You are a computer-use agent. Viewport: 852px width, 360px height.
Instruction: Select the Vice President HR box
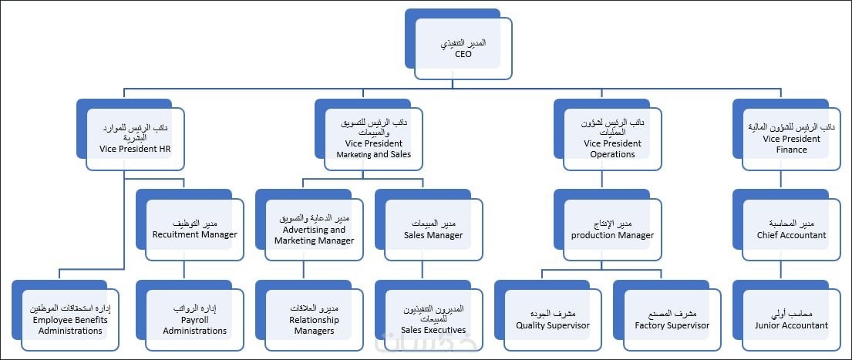point(130,135)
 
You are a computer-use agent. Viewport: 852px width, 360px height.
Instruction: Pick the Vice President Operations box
point(608,135)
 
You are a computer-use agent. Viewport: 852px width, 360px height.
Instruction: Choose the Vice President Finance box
point(786,135)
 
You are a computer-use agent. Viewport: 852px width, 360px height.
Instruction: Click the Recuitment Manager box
point(190,225)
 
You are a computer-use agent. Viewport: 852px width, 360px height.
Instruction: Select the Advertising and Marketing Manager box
point(309,225)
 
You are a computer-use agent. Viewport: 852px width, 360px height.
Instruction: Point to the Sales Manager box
point(429,225)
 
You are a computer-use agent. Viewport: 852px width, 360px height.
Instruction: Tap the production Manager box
point(608,225)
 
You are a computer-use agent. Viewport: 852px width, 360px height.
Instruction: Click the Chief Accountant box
point(786,225)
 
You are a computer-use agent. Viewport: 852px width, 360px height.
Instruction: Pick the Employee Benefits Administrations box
point(66,315)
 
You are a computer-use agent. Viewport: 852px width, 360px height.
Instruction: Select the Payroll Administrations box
point(190,315)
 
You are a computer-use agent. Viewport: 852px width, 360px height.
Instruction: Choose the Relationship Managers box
point(309,315)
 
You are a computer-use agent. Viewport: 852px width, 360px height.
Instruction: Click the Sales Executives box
point(429,315)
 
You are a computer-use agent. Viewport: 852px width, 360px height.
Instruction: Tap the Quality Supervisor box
point(548,315)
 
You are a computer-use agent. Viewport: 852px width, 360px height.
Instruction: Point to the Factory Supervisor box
point(668,315)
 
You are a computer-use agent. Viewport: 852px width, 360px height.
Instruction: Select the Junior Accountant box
point(786,315)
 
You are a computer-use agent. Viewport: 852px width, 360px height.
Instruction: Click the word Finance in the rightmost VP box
point(792,150)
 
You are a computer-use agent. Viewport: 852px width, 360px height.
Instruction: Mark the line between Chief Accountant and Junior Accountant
point(781,271)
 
